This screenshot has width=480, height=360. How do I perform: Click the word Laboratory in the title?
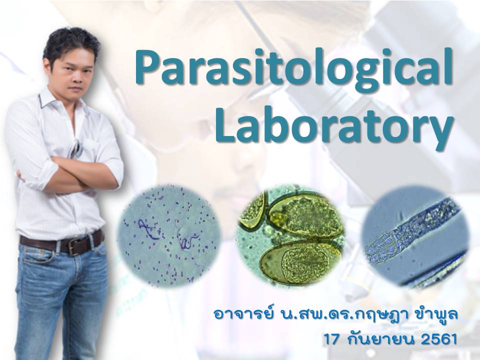[x=334, y=127]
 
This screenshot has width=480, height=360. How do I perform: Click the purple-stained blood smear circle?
[x=169, y=235]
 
